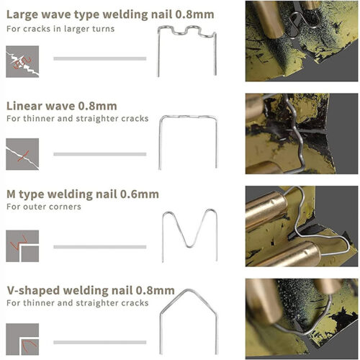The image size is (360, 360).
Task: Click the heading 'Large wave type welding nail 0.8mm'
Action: [110, 14]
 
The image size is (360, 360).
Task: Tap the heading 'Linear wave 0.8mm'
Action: [62, 106]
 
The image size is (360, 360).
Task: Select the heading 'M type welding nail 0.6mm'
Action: [83, 194]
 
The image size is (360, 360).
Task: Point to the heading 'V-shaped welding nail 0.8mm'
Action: [91, 291]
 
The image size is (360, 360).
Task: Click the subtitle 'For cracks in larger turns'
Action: [60, 29]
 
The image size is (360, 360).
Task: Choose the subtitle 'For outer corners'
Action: [44, 207]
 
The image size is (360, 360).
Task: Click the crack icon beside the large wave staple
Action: [22, 61]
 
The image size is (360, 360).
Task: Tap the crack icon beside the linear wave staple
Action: [22, 154]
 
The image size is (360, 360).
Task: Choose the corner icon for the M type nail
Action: [22, 246]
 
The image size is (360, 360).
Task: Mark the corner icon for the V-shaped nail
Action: [22, 339]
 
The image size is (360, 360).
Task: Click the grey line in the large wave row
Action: [100, 58]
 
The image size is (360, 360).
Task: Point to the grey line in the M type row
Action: [100, 247]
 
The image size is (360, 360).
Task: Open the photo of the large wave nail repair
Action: [302, 41]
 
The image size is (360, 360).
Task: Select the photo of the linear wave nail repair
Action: [302, 134]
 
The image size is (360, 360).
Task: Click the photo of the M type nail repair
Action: [302, 226]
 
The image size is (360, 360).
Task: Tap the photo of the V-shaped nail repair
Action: [302, 319]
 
